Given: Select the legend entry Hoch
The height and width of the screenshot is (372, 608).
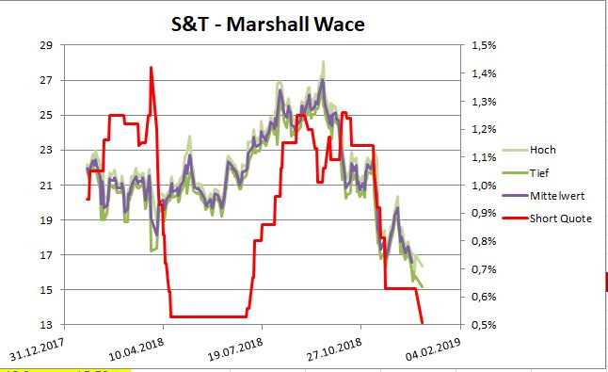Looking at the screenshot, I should (542, 149).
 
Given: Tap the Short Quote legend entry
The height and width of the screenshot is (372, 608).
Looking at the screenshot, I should (560, 219).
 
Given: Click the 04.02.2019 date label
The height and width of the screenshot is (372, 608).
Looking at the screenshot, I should (432, 348).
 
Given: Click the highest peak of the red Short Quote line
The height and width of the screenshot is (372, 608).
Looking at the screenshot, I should (151, 67).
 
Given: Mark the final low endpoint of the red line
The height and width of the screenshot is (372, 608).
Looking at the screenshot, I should (423, 323).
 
